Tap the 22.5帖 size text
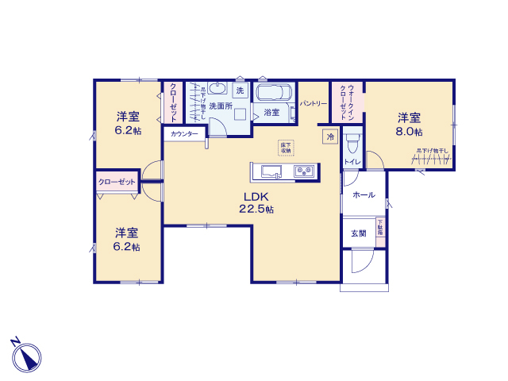256,210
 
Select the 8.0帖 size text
410,131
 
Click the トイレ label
352,162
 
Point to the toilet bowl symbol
353,143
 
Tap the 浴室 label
271,113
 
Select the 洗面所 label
220,106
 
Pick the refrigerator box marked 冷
330,137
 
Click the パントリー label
314,103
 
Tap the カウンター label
184,134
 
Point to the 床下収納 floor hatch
285,148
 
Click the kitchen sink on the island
267,171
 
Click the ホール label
363,194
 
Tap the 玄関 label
359,233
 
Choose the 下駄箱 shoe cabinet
380,229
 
